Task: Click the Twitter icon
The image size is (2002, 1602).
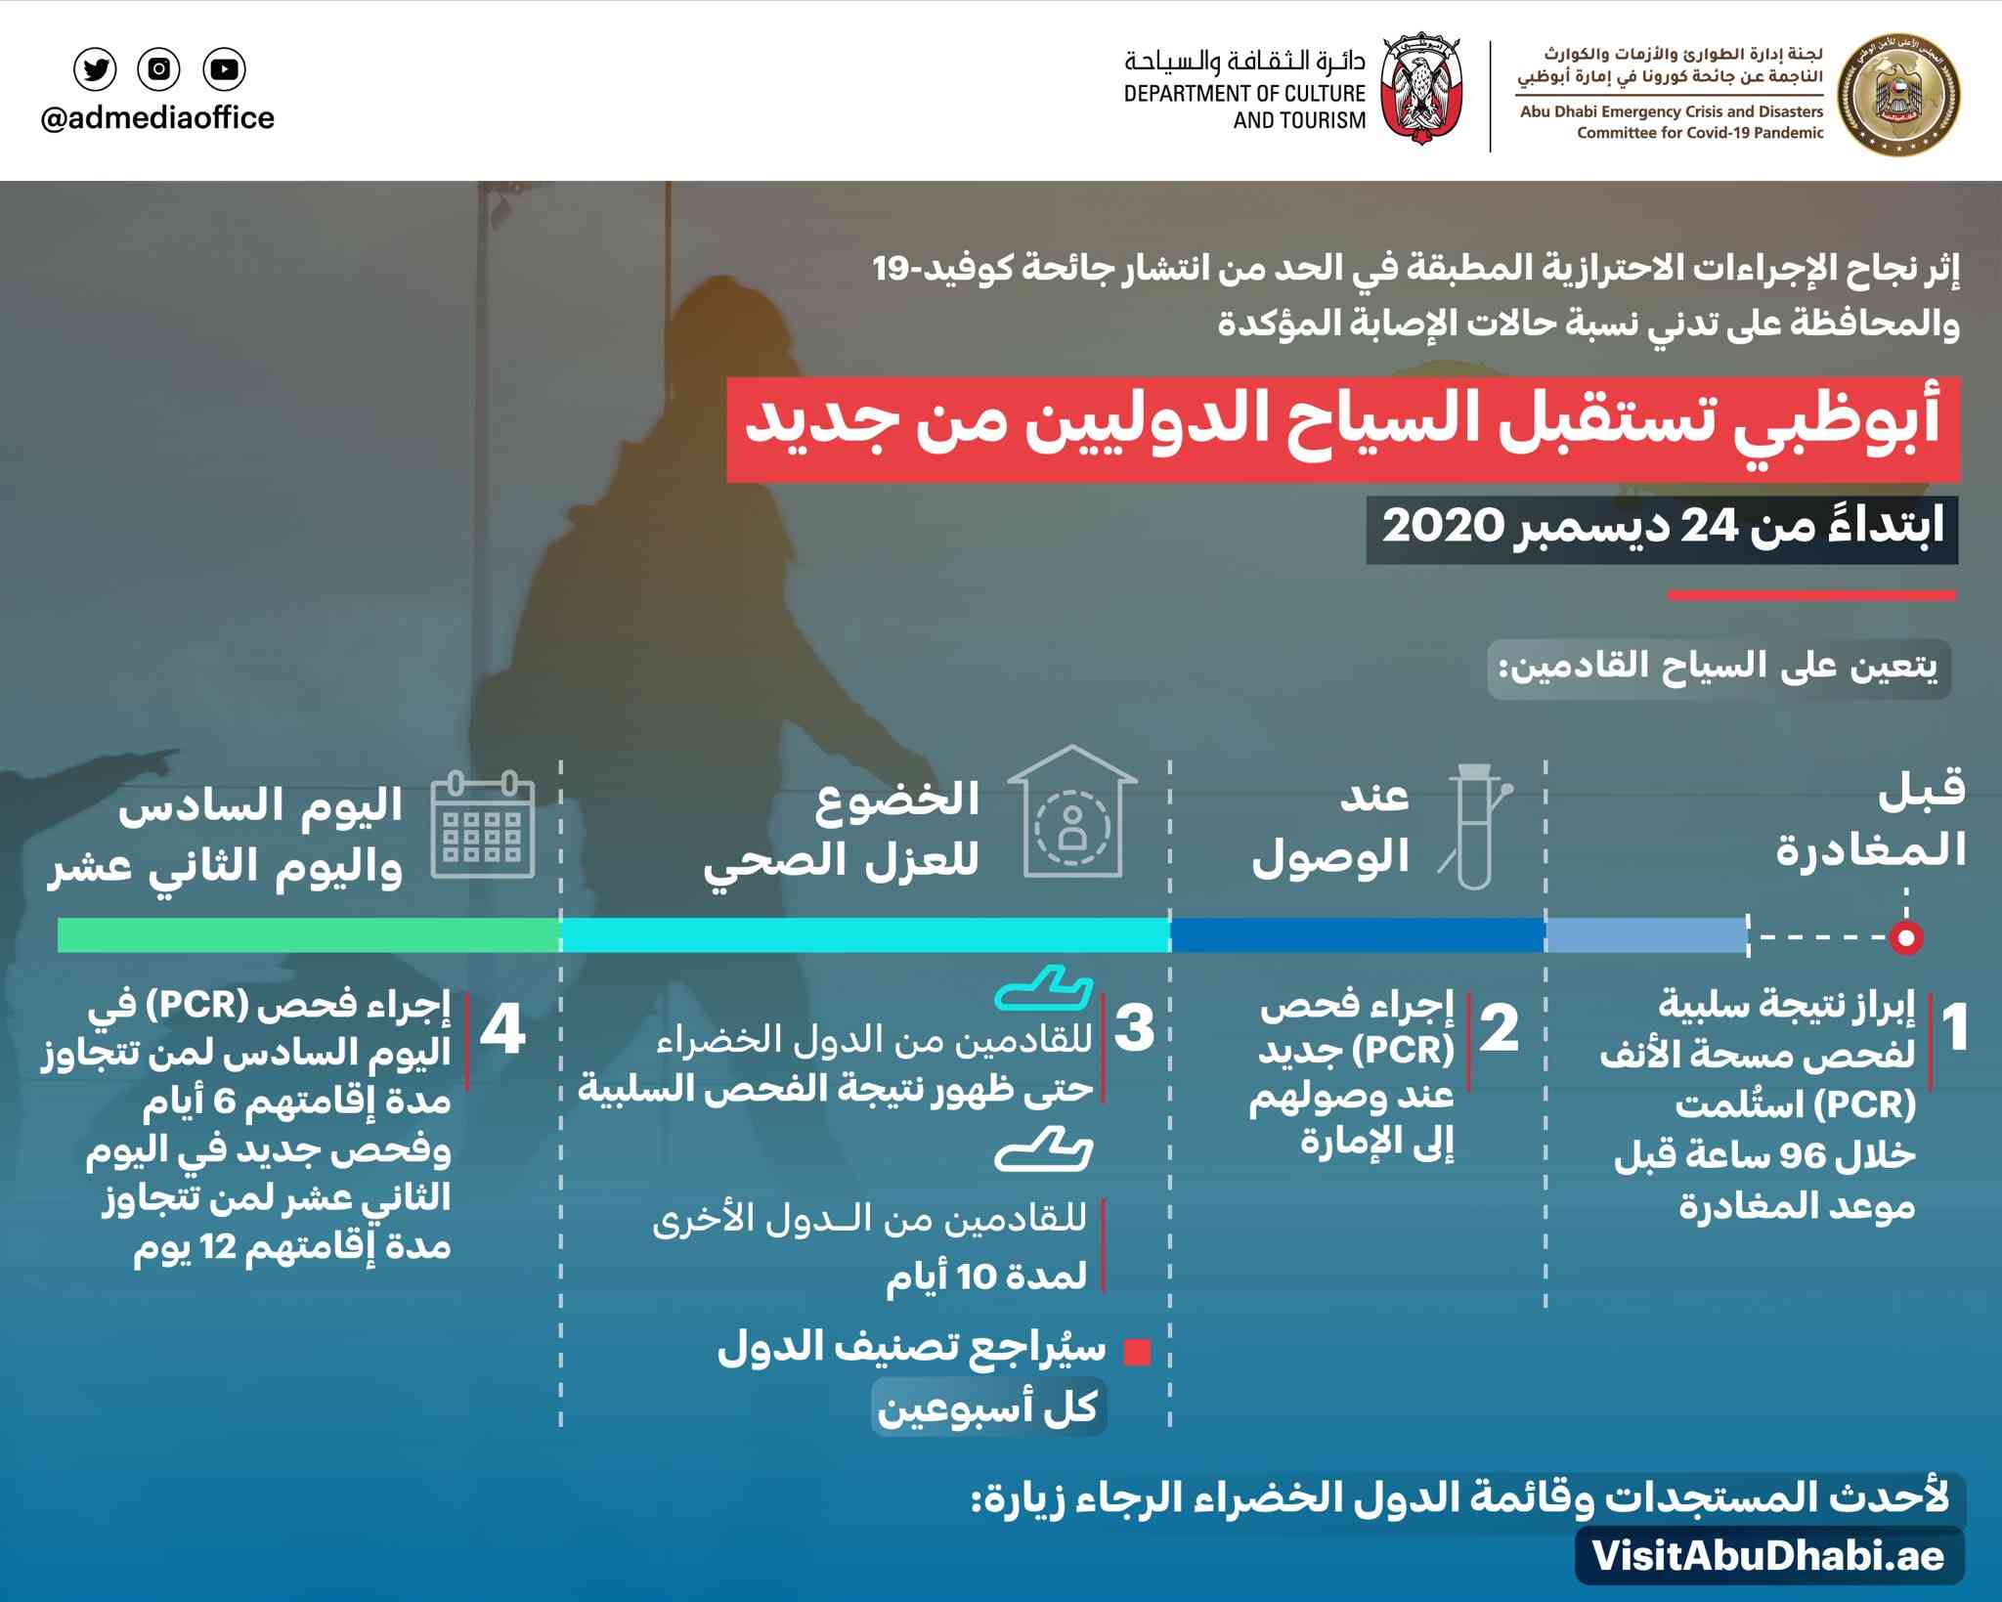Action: click(x=95, y=69)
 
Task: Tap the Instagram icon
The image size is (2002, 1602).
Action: click(x=159, y=69)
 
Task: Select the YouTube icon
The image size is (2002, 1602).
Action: click(x=224, y=69)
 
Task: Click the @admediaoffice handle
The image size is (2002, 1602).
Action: click(x=157, y=118)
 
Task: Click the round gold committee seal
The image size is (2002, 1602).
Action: click(x=1898, y=95)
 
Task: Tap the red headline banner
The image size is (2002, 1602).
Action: click(x=1342, y=428)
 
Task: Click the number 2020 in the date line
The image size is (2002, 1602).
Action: click(x=1442, y=526)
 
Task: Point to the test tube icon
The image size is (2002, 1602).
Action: click(x=1475, y=826)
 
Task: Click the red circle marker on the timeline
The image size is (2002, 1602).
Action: click(x=1905, y=937)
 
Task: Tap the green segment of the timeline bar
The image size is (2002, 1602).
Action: click(x=308, y=935)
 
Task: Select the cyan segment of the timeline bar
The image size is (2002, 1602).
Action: click(x=865, y=935)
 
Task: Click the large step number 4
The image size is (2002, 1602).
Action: click(x=502, y=1029)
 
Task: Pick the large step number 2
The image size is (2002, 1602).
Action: click(x=1499, y=1028)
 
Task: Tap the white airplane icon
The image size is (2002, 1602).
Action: click(x=1043, y=1149)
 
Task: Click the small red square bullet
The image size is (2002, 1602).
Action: click(x=1136, y=1352)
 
